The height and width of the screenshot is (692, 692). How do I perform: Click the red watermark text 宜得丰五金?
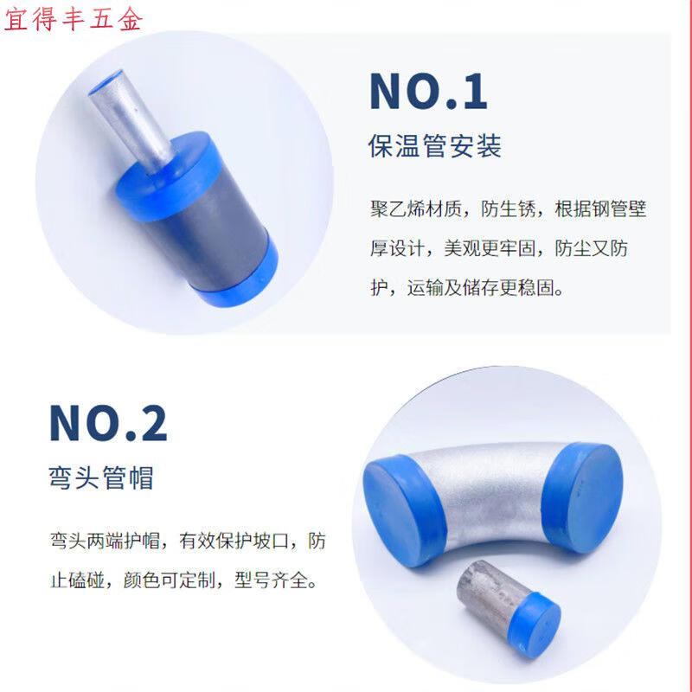(74, 19)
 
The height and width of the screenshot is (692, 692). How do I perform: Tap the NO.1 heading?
(428, 92)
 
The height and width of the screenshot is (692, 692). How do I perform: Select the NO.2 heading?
(108, 423)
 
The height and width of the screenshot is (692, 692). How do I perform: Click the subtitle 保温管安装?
(435, 146)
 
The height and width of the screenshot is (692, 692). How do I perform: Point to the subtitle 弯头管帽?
(101, 477)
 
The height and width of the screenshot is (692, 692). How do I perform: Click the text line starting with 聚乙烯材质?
(508, 208)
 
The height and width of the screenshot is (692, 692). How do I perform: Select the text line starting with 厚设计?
(499, 248)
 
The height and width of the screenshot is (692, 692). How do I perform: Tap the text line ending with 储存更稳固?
(467, 288)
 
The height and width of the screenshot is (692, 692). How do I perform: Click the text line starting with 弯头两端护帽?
(188, 541)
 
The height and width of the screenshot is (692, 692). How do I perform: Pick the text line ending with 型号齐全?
(183, 580)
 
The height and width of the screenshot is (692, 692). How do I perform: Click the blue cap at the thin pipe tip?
(105, 82)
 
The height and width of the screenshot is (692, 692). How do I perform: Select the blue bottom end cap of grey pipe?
(240, 278)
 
